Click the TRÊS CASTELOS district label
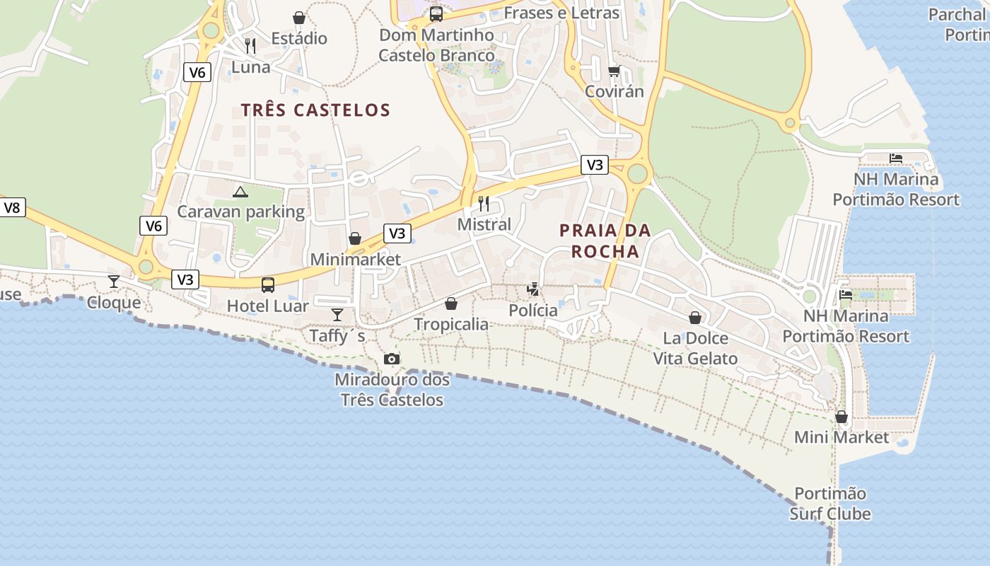tap(315, 110)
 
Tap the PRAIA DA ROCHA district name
tap(605, 241)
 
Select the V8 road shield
tap(12, 207)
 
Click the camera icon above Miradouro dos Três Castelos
tap(391, 359)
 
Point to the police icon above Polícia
tap(533, 289)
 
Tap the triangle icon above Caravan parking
tap(240, 192)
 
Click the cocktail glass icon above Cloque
tap(114, 282)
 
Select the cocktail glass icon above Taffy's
tap(337, 314)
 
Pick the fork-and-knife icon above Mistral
tap(484, 204)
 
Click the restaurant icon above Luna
tap(250, 46)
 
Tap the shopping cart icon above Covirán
tap(614, 71)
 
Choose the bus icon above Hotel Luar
tap(268, 285)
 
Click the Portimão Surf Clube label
tap(830, 504)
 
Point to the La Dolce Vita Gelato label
tap(695, 349)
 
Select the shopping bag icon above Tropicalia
tap(451, 304)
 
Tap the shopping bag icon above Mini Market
tap(841, 417)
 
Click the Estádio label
tap(299, 38)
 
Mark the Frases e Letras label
tap(561, 13)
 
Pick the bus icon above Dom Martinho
tap(436, 14)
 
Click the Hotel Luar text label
tap(267, 306)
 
